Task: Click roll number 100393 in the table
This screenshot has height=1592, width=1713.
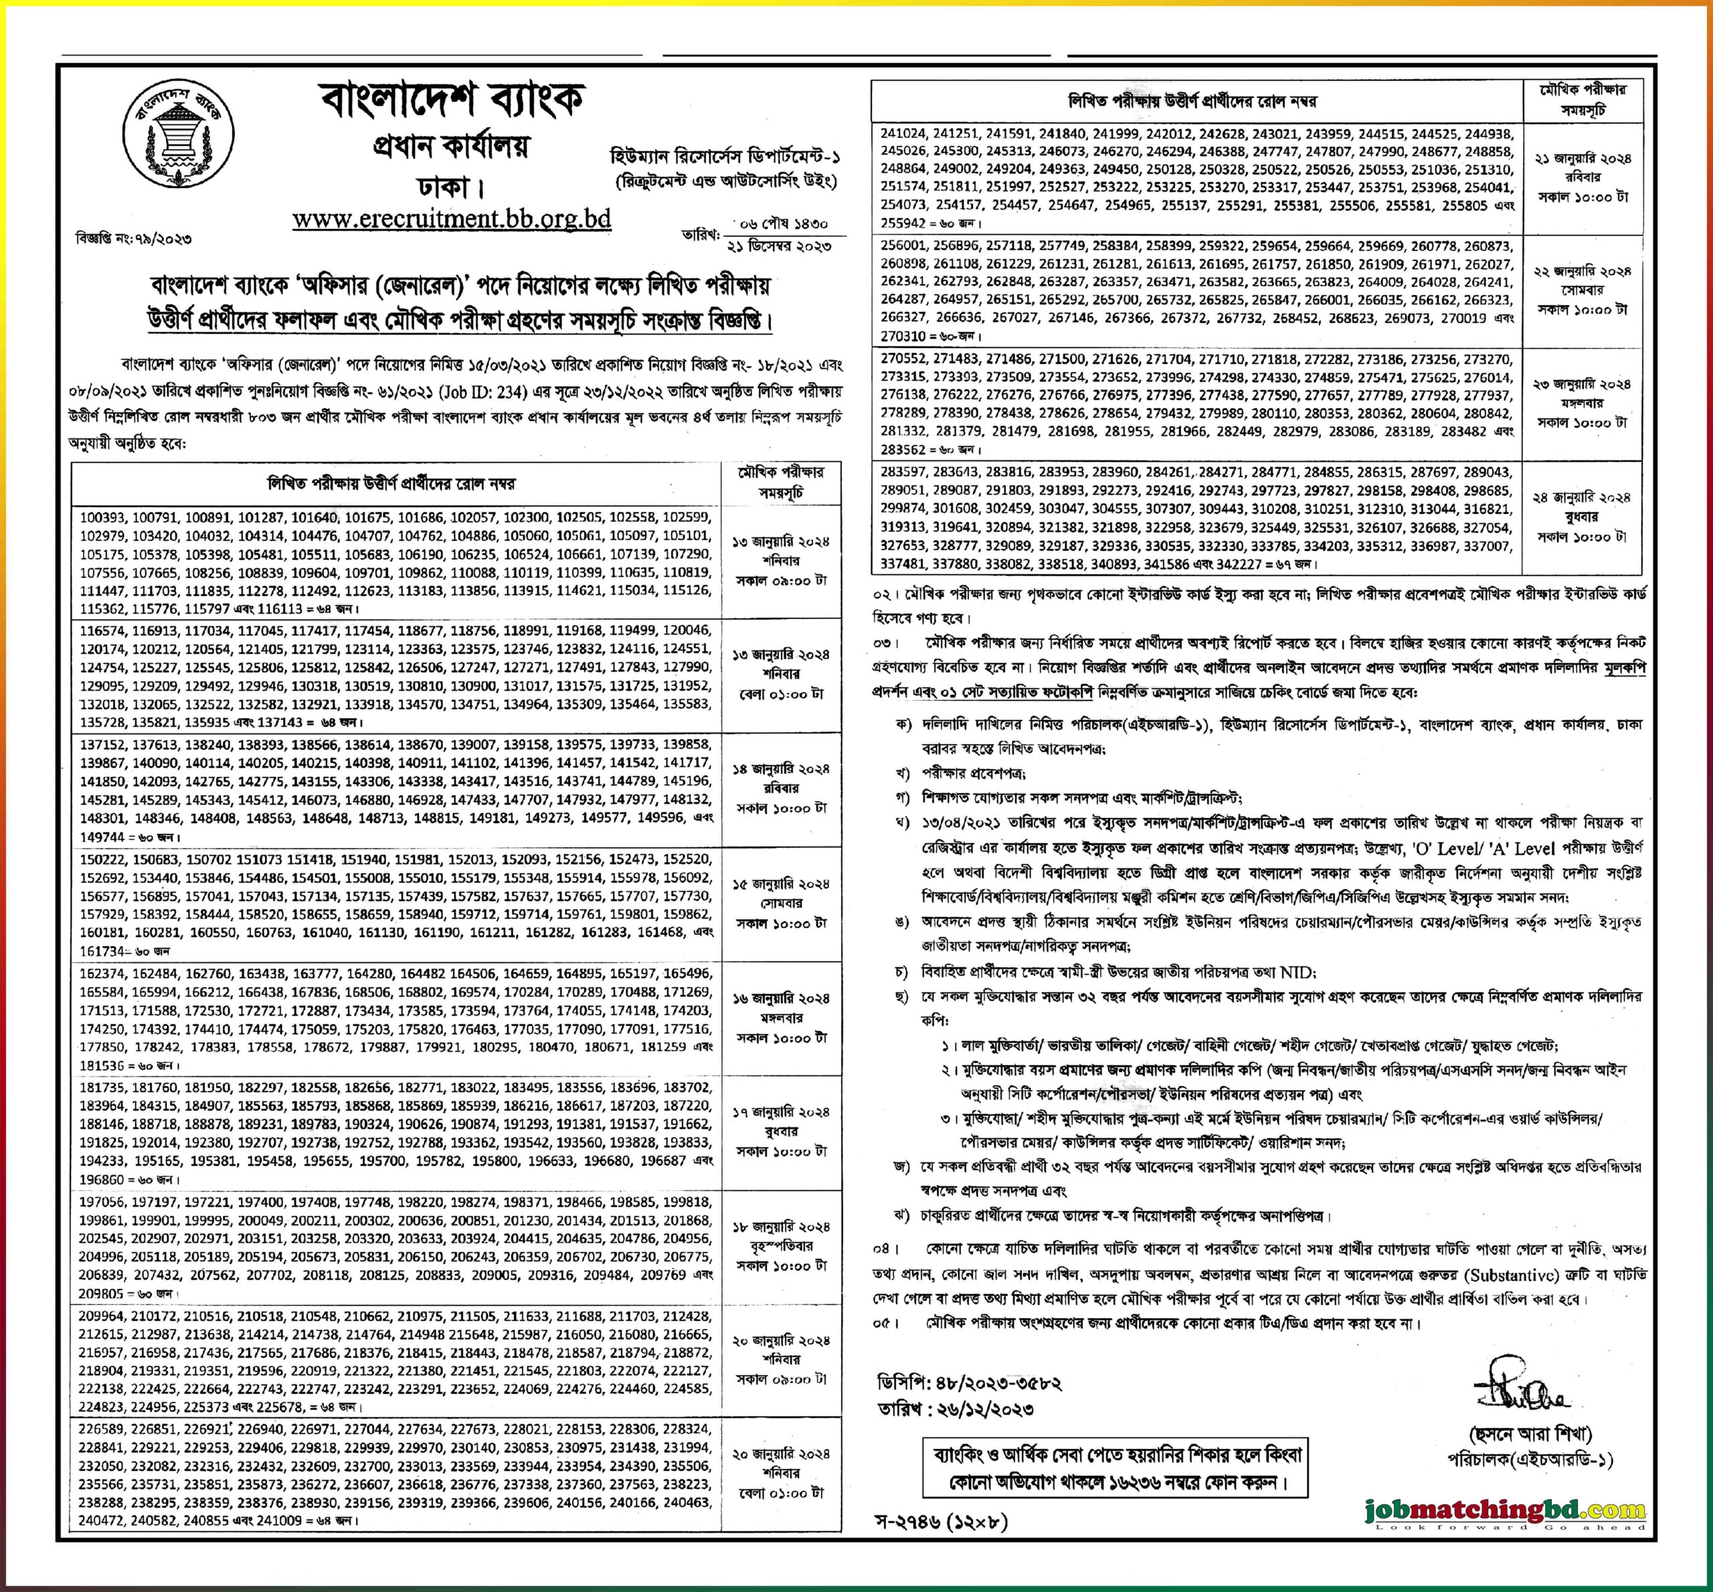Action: (x=102, y=518)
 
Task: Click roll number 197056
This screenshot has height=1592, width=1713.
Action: (x=102, y=1202)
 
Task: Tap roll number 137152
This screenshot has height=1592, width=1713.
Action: (x=102, y=744)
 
